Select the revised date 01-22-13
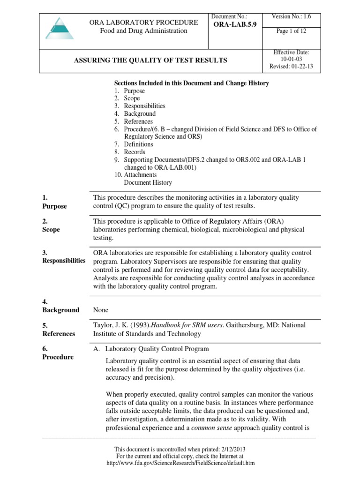(x=292, y=67)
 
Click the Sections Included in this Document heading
(x=192, y=83)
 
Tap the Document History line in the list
(x=148, y=182)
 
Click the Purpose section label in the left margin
(x=55, y=206)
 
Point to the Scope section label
(x=52, y=230)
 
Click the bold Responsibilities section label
(x=64, y=261)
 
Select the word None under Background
(x=101, y=310)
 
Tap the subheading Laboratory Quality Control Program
(x=157, y=349)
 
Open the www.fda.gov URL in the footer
(x=180, y=463)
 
